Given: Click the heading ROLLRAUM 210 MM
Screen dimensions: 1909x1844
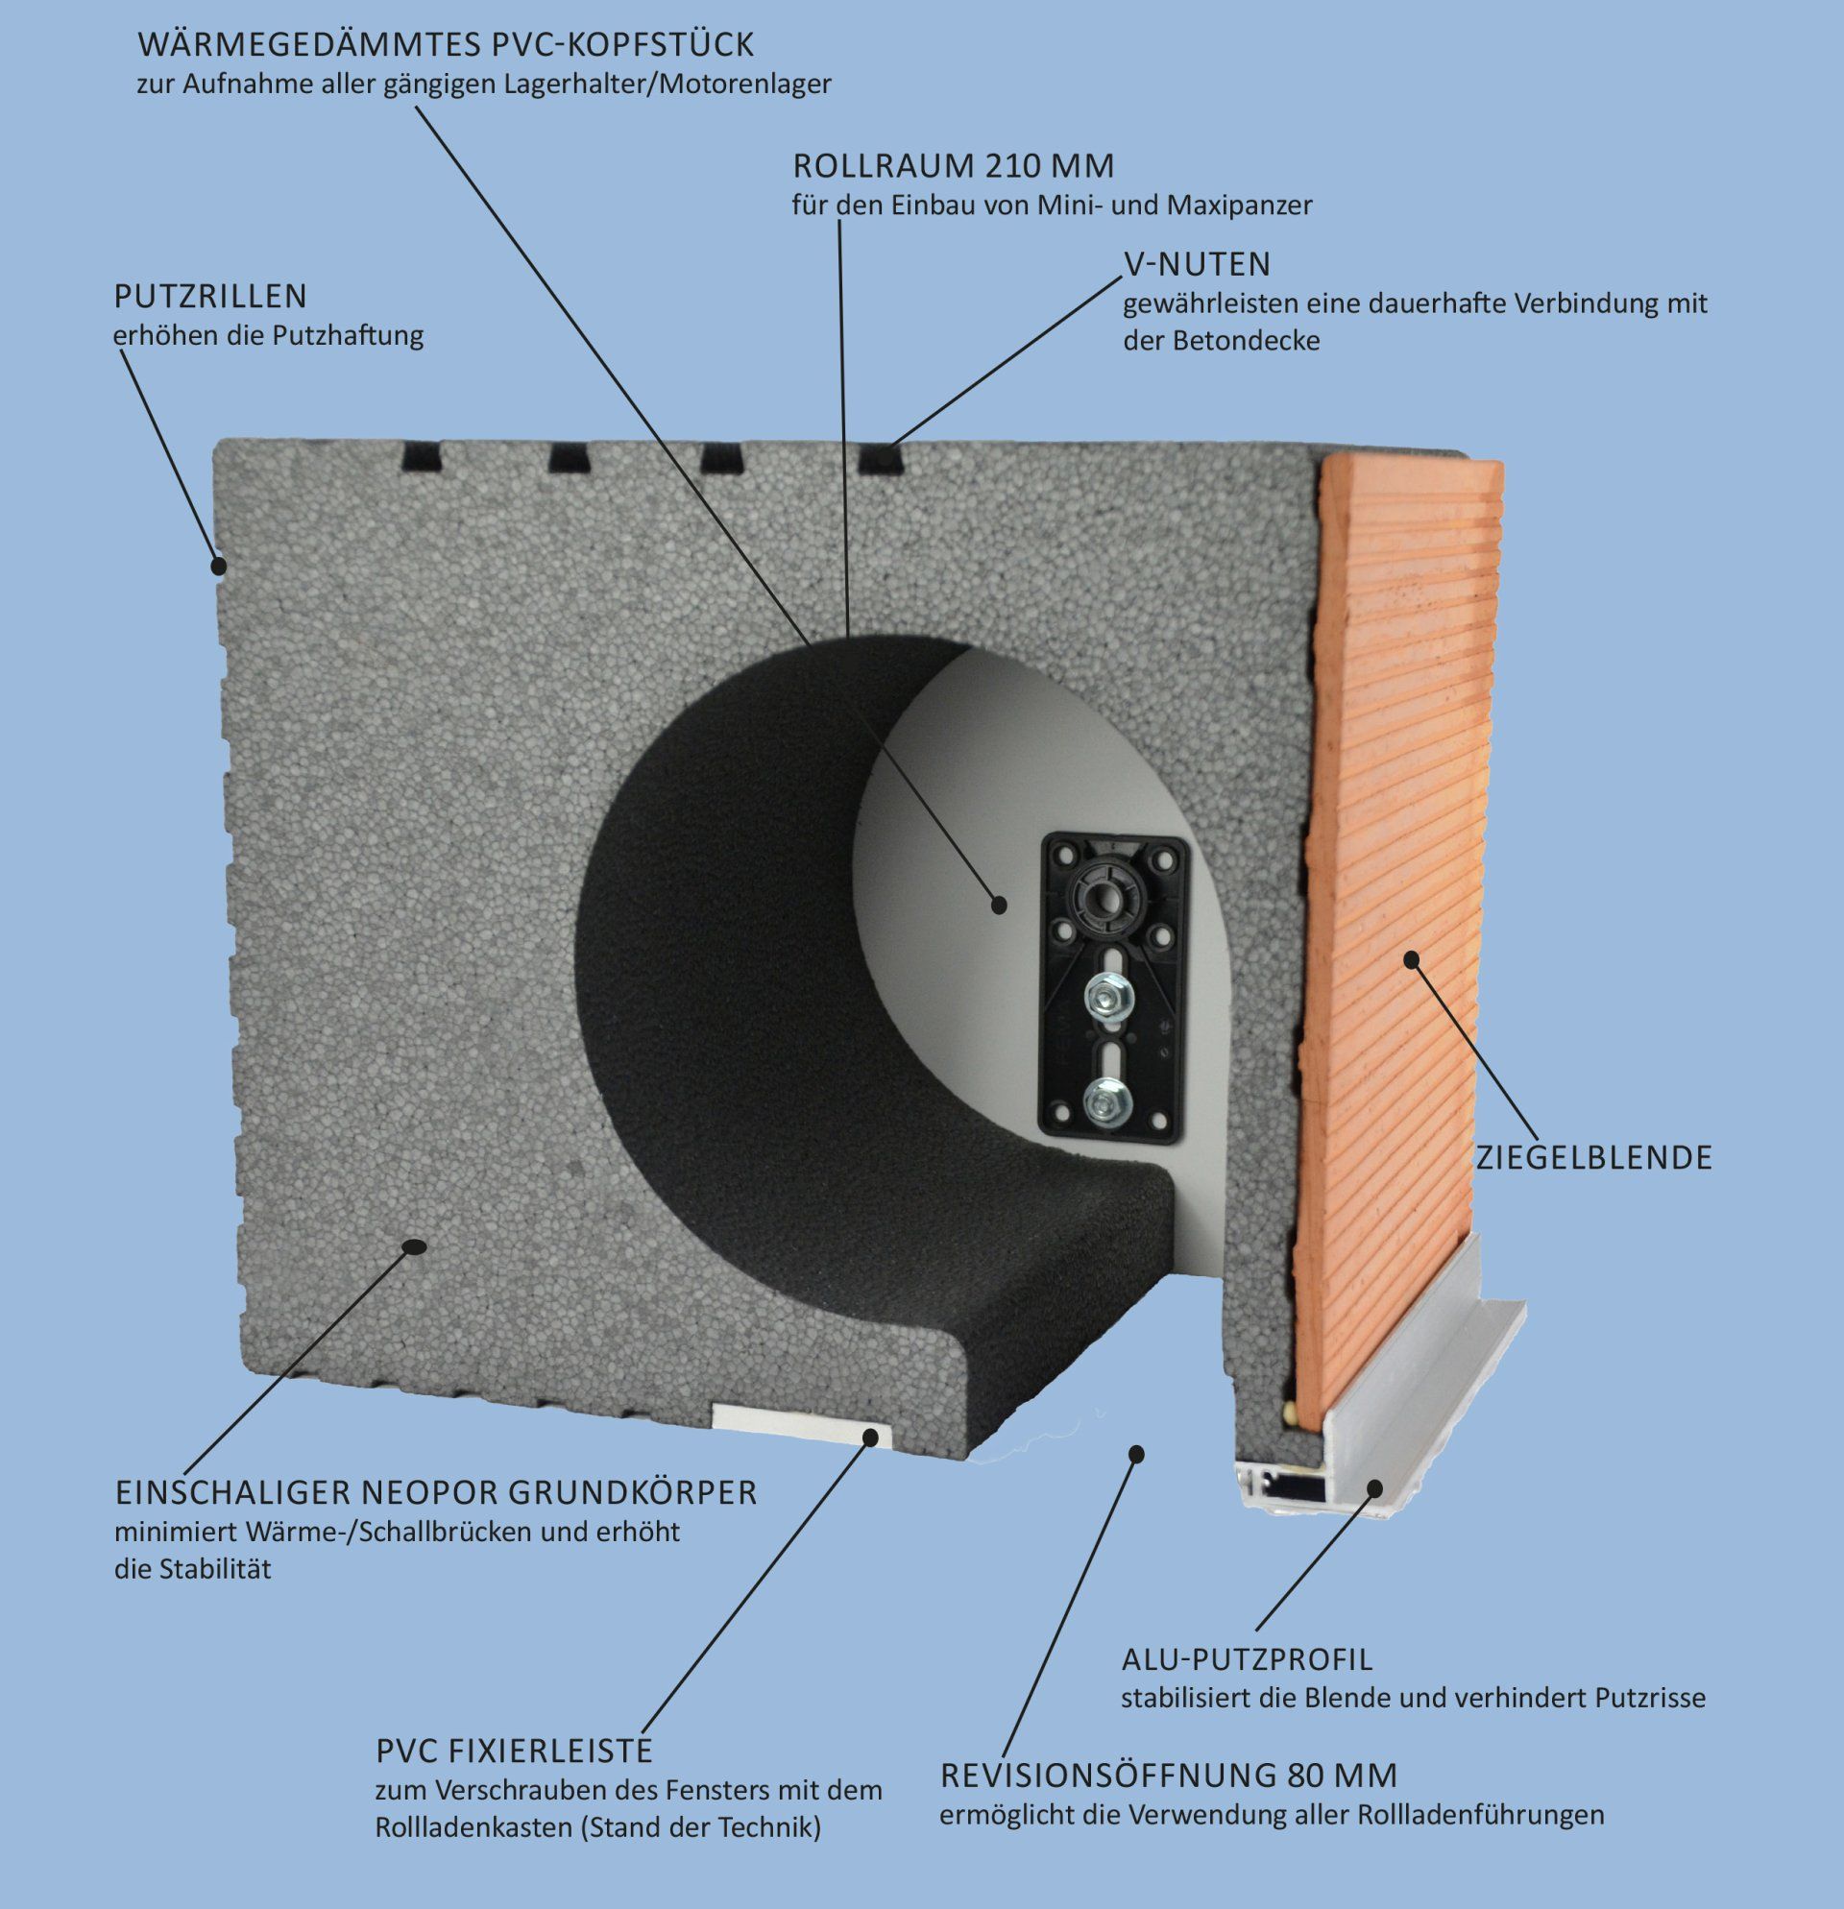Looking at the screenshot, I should (953, 166).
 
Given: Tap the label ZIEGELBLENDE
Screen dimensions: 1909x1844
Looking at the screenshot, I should (1593, 1158).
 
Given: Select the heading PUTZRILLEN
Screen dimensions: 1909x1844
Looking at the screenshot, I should (210, 295).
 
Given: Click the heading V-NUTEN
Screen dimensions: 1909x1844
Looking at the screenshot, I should (1198, 264).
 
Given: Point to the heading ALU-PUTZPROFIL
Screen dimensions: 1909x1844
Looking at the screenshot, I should (1247, 1657).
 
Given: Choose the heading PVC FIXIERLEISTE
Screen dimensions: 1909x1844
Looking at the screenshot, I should (514, 1751).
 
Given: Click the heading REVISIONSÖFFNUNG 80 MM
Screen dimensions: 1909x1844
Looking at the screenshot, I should (1168, 1776).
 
